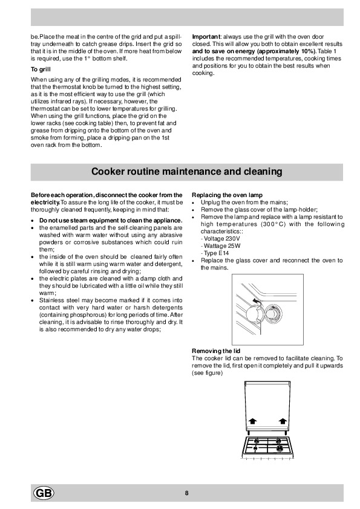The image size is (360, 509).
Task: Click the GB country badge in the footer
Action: [44, 493]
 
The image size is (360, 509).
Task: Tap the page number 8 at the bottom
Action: [186, 493]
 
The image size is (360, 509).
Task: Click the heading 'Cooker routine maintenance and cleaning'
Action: [186, 172]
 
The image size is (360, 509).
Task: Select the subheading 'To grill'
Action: [41, 70]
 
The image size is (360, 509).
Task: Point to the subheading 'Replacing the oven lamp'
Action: [227, 195]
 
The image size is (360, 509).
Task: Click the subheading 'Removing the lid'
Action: [216, 351]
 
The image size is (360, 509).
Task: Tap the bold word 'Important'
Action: [206, 37]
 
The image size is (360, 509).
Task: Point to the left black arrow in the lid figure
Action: [252, 421]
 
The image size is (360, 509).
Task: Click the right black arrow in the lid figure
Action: [283, 421]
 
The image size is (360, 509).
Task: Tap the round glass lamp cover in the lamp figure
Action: [273, 314]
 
